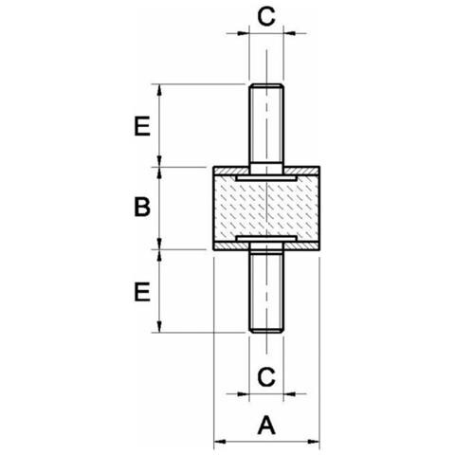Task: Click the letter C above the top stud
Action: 266,17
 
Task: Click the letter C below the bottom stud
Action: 266,376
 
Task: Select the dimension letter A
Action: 266,426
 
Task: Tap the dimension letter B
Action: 142,207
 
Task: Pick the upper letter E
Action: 142,126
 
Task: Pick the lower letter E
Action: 142,292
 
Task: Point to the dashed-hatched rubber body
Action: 266,208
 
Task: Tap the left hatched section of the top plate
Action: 231,171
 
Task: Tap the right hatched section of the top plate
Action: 300,171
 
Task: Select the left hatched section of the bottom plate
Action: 231,246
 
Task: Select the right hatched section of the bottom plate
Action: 300,246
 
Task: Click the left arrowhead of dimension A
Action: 220,442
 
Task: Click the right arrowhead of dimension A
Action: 314,442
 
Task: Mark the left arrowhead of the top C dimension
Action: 243,33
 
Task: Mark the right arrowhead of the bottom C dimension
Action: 289,394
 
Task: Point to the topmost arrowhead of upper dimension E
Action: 159,90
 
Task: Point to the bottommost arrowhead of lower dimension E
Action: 159,326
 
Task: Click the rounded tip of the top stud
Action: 266,84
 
